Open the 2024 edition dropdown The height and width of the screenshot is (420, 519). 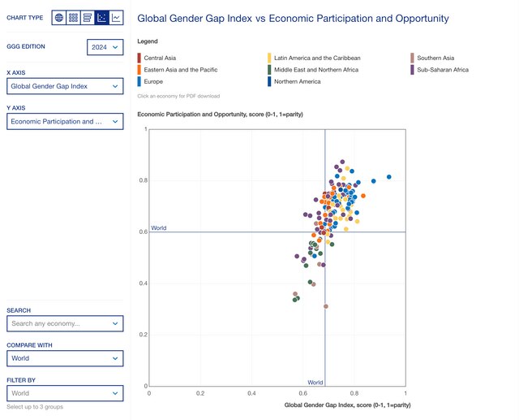105,47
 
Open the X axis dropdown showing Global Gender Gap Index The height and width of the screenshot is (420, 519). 65,86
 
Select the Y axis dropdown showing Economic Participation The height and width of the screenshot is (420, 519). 65,122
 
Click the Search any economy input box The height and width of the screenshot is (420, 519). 65,323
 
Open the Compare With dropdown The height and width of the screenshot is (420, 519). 65,358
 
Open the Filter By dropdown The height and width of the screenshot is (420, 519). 65,393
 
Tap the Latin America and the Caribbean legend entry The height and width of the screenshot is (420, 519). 316,58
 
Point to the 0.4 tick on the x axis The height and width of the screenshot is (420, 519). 251,393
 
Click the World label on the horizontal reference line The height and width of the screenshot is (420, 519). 158,228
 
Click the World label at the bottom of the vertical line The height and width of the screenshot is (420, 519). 315,382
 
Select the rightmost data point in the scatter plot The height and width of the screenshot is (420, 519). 389,176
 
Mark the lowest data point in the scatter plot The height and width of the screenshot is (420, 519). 326,306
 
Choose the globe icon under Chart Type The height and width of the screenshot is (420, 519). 59,17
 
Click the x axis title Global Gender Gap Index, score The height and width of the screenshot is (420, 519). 347,404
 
